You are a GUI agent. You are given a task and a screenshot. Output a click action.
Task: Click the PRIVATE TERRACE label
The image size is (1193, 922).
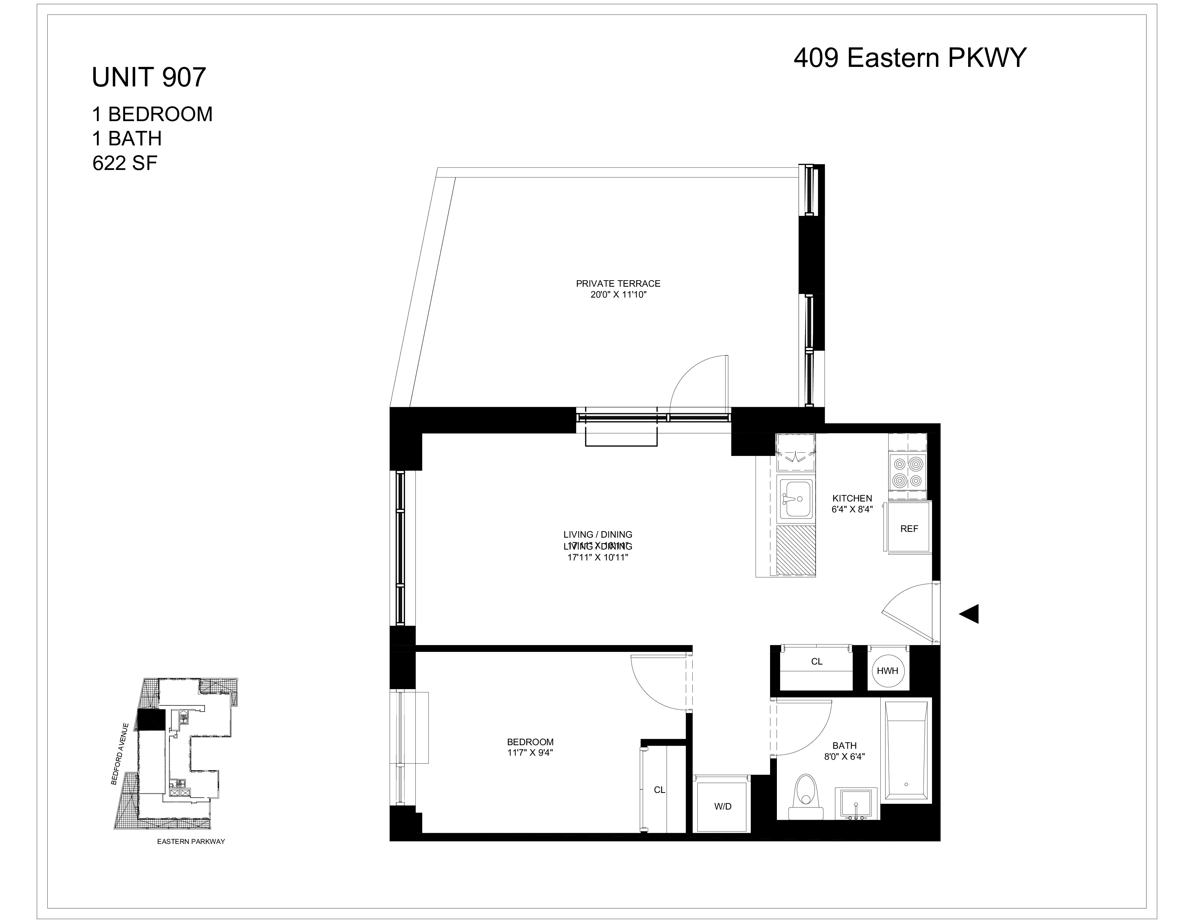tap(618, 283)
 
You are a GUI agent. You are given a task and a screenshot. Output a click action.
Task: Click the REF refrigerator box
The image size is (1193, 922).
tap(909, 529)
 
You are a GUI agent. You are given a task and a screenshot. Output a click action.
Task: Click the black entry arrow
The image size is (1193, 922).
tap(970, 614)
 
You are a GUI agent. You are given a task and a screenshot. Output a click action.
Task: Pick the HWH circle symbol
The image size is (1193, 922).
tap(887, 670)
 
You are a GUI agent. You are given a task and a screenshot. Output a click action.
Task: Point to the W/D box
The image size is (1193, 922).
tap(722, 806)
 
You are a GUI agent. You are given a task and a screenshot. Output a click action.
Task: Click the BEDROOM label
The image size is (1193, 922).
tap(530, 742)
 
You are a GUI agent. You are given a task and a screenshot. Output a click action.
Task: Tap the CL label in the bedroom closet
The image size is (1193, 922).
tap(659, 790)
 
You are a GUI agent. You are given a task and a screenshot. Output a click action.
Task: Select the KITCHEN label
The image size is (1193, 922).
tap(852, 498)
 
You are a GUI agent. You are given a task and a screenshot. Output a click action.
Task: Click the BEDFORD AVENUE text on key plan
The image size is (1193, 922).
tap(120, 754)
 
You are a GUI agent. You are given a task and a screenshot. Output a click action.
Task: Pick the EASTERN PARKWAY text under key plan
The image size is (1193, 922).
tap(191, 841)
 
